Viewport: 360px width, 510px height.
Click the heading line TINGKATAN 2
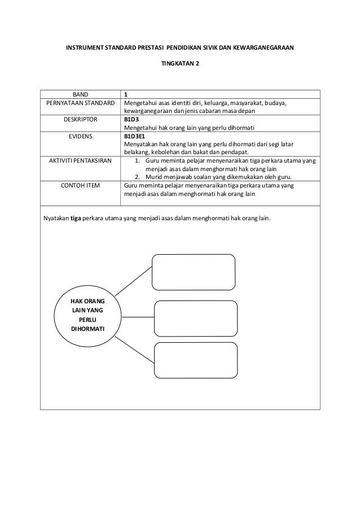pyautogui.click(x=180, y=63)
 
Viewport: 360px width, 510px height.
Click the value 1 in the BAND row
pyautogui.click(x=126, y=94)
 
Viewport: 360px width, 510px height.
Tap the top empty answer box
pyautogui.click(x=194, y=272)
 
